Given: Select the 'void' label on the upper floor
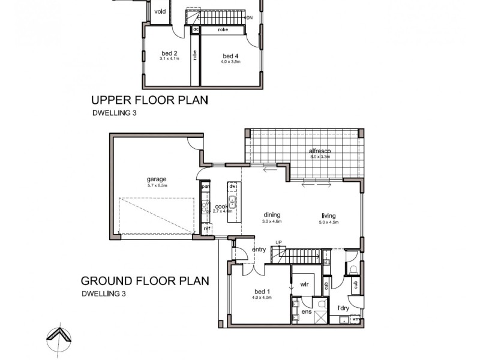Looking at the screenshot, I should point(160,11).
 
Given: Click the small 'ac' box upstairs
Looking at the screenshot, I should point(196,28).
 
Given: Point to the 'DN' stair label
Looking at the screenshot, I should point(250,17).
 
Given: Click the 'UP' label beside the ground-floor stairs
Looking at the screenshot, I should point(278,242).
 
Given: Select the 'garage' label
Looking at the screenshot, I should point(157,179).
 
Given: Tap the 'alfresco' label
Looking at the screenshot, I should point(320,151).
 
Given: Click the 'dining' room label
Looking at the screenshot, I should point(272,215).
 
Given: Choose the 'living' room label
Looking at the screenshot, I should point(328,216).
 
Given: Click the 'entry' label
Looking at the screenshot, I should point(259,249).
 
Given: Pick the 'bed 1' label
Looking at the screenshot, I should point(263,292).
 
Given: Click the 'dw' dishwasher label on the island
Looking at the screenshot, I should point(233,186).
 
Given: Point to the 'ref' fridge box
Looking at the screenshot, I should point(207,229).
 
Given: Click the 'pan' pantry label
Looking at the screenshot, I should point(205,186).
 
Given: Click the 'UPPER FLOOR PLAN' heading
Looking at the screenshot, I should point(149,100).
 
